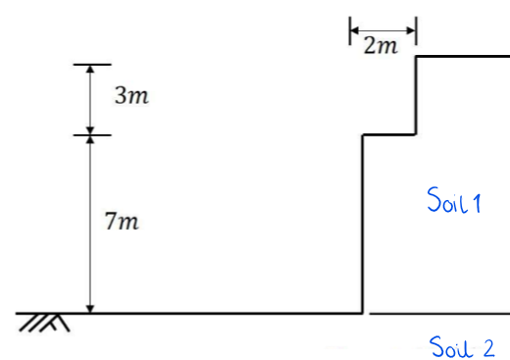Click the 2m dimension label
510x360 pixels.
point(382,46)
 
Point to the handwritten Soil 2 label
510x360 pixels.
point(462,345)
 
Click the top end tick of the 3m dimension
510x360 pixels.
point(91,66)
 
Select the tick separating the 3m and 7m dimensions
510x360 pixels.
point(91,134)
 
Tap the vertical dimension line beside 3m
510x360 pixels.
point(91,99)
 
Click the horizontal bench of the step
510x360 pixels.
point(390,134)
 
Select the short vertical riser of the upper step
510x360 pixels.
point(418,95)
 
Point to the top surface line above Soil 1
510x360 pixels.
point(463,57)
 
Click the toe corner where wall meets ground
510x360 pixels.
point(363,313)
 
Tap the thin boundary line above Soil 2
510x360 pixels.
point(441,314)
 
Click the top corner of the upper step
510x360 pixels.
point(418,57)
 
